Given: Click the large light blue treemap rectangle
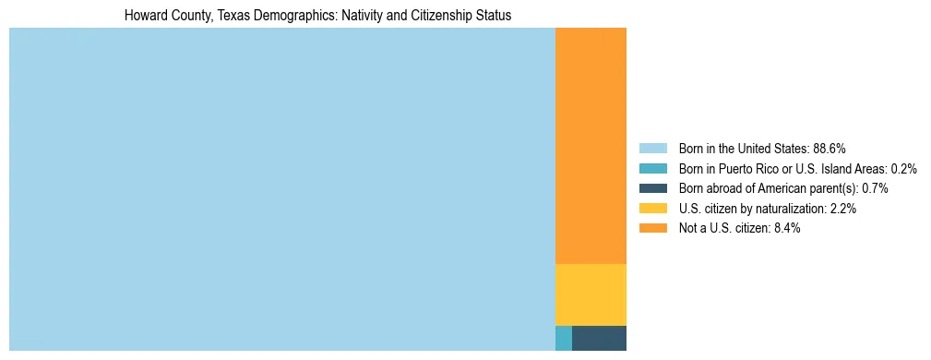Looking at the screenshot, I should [x=281, y=189].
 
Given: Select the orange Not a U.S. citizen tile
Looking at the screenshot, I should [x=591, y=146].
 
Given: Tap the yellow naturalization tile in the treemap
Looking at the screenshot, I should [x=591, y=294].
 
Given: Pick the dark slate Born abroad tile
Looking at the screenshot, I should [x=599, y=338].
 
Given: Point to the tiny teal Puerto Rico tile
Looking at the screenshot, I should [x=563, y=338].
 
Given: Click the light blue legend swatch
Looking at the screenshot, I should [x=652, y=149].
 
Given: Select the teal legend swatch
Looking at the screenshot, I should [x=652, y=169].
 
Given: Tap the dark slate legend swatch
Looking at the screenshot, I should [x=652, y=188].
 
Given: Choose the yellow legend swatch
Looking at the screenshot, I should [x=652, y=209].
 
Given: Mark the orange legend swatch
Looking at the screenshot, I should [x=652, y=228].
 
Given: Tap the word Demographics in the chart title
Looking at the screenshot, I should [x=297, y=16].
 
